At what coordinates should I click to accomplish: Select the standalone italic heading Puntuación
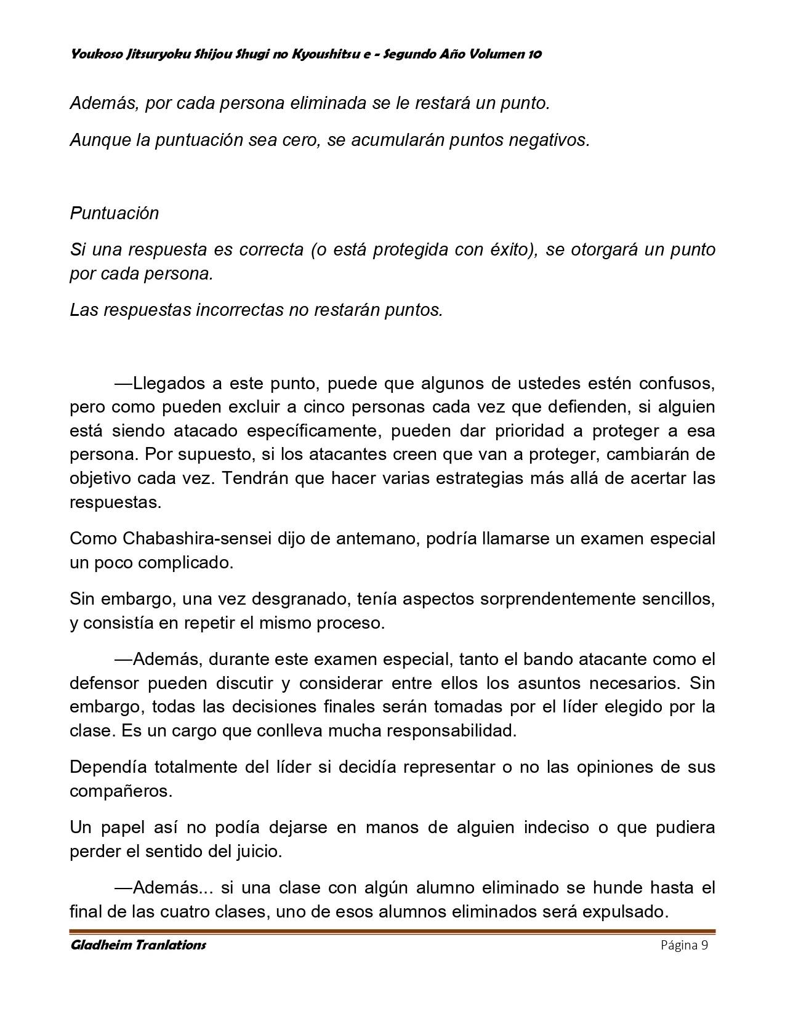coord(115,213)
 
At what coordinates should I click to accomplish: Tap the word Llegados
coord(168,383)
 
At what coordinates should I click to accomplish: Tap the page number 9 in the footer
coord(704,946)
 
